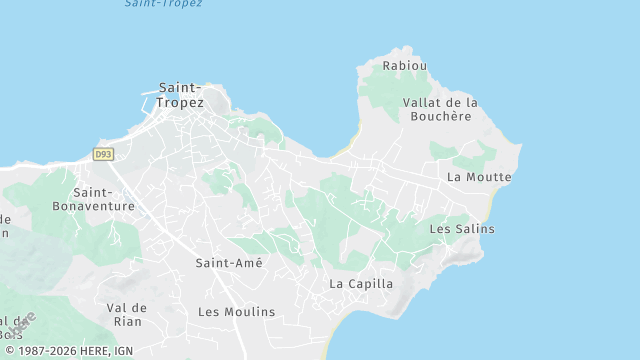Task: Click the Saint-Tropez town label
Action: coord(181,95)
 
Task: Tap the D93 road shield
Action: coord(102,154)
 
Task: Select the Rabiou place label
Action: coord(405,66)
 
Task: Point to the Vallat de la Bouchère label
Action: coord(440,109)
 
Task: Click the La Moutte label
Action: coord(479,177)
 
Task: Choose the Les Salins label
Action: coord(461,229)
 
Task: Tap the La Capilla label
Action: coord(361,284)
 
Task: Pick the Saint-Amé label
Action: coord(229,263)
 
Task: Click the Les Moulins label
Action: coord(236,312)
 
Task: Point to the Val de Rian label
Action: coord(127,314)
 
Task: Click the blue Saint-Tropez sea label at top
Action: coord(163,4)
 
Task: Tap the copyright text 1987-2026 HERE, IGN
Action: coord(68,351)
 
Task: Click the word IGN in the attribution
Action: coord(123,351)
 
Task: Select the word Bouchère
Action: coord(440,116)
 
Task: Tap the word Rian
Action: coord(127,321)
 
